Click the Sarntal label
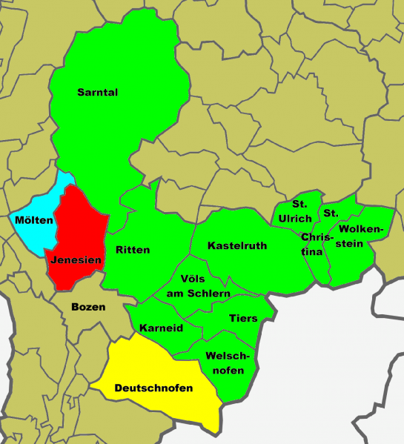[98, 93]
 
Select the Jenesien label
[76, 260]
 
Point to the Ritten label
[133, 250]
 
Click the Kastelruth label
[237, 245]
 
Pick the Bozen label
[88, 306]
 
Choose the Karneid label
[161, 328]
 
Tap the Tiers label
[243, 319]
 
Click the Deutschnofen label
[153, 388]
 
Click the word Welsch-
[228, 355]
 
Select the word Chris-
[316, 237]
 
